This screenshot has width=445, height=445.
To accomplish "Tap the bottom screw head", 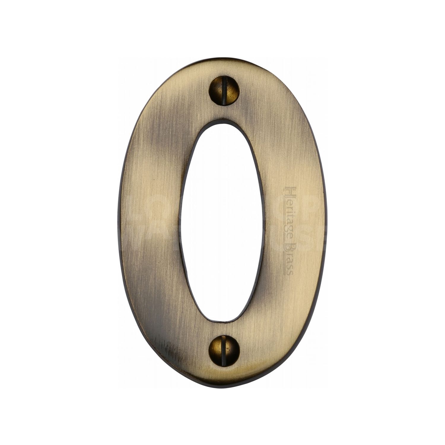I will pyautogui.click(x=224, y=351).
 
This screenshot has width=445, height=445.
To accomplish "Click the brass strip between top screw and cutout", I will pyautogui.click(x=224, y=111).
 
